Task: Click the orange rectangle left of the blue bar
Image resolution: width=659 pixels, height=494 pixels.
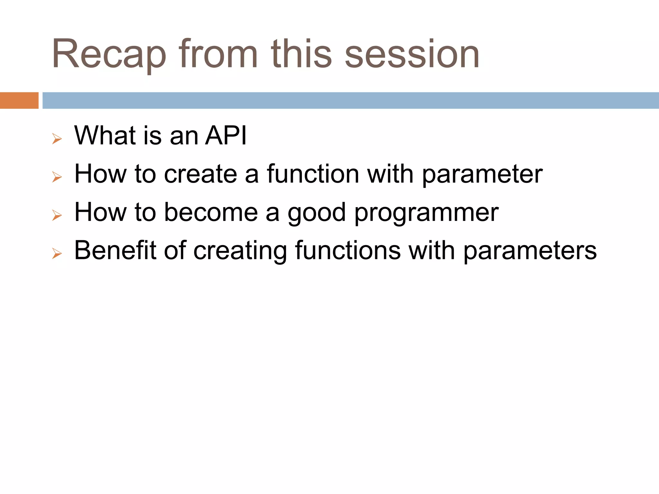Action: click(19, 100)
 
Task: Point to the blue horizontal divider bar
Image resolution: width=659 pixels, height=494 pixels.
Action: click(351, 100)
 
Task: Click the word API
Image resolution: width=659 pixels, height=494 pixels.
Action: click(226, 135)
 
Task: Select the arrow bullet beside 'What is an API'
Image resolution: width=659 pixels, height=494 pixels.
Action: click(57, 139)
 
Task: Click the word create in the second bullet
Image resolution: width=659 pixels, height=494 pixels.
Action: click(200, 174)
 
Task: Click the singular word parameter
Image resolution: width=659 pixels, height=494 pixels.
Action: click(482, 175)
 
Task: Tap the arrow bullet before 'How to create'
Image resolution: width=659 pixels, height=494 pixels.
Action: click(57, 177)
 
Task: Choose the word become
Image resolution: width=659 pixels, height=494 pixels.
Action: click(211, 212)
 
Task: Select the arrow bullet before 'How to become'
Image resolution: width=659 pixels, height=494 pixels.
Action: click(57, 215)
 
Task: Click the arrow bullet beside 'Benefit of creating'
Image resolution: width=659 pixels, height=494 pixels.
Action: click(57, 254)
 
